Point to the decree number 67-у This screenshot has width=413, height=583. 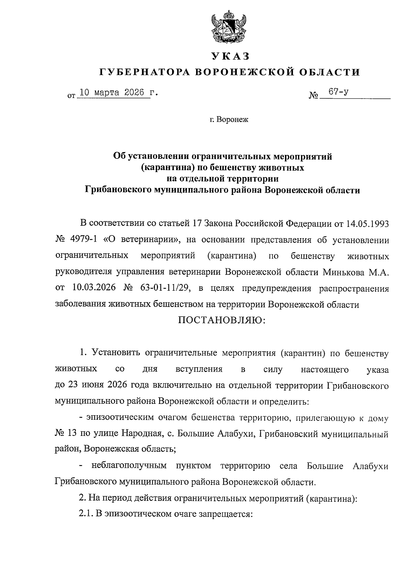pyautogui.click(x=339, y=92)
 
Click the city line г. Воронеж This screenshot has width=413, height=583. pyautogui.click(x=229, y=120)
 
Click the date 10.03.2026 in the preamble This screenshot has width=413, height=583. pyautogui.click(x=93, y=288)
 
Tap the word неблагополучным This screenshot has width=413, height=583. pyautogui.click(x=129, y=466)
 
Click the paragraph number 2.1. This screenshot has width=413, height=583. pyautogui.click(x=86, y=514)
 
